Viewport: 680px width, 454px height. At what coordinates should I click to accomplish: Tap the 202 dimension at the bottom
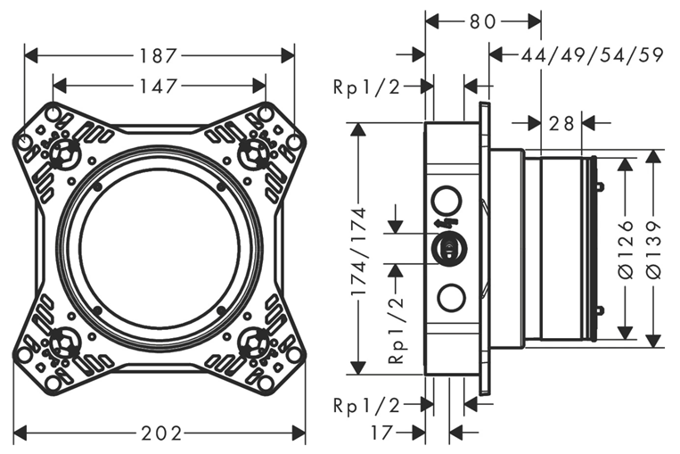[161, 433]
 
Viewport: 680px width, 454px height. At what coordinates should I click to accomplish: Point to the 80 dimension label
[484, 21]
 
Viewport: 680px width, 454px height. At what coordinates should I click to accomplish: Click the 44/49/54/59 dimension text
[593, 55]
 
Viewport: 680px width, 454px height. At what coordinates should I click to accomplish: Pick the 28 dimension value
[561, 123]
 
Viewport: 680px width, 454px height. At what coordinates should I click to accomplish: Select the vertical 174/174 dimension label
[358, 252]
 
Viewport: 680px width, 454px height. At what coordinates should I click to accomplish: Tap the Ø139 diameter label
[655, 249]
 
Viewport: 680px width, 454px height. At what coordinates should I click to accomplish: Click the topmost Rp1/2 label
[366, 87]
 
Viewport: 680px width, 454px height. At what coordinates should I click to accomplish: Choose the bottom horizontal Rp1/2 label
[366, 405]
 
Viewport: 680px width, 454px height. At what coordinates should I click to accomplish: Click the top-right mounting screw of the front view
[256, 149]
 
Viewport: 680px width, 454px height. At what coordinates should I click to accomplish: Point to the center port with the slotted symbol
[448, 248]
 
